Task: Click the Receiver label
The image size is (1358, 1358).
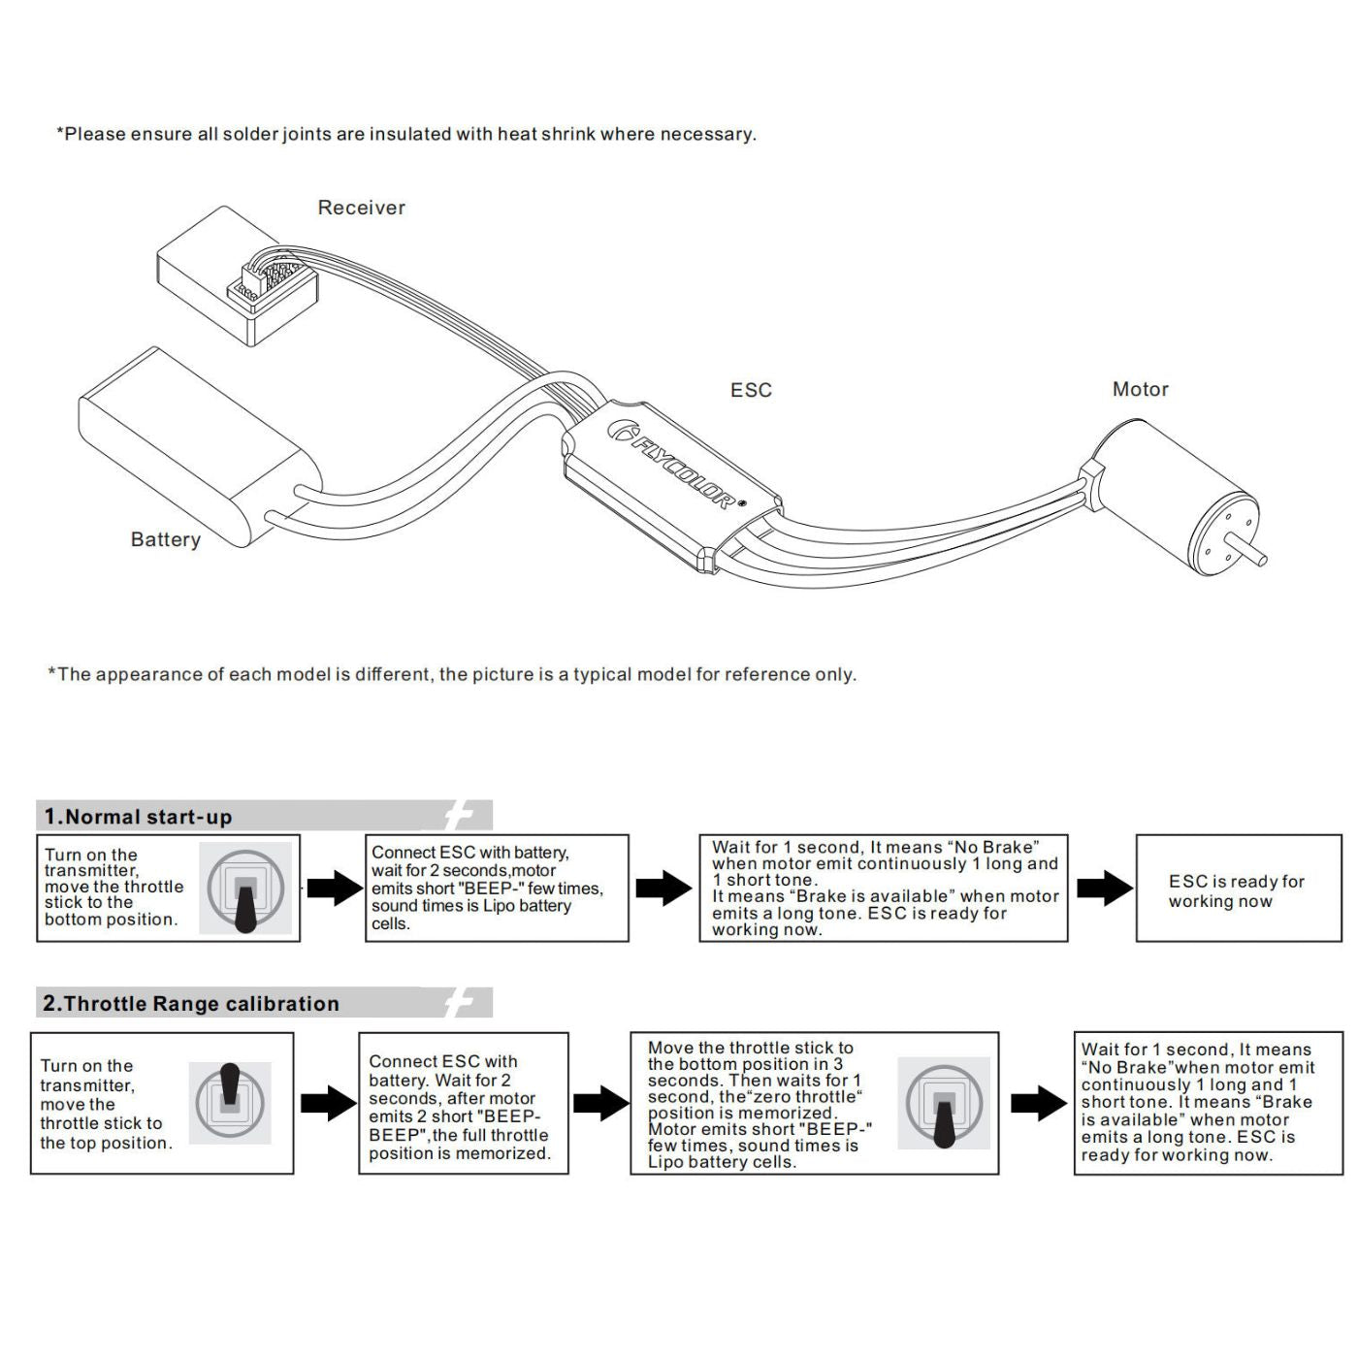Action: [x=361, y=208]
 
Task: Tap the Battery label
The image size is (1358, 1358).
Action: [x=166, y=539]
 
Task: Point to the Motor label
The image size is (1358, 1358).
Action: [x=1140, y=389]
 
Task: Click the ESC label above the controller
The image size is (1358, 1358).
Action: [x=751, y=390]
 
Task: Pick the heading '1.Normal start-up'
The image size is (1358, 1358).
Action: [x=139, y=817]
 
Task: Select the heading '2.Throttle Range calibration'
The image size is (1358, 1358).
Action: [x=191, y=1004]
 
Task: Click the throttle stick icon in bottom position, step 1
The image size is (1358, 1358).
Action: [x=245, y=889]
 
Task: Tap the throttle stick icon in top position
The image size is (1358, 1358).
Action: [x=230, y=1102]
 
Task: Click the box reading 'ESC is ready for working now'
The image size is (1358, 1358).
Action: [x=1239, y=889]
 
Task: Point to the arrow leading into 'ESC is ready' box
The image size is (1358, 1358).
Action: [x=1104, y=888]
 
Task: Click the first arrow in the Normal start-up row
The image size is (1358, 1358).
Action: [x=334, y=888]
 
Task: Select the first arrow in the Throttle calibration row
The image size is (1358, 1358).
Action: [x=328, y=1103]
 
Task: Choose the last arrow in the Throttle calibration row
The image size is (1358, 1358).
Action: [x=1038, y=1103]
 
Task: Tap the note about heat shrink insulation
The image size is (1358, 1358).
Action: [x=406, y=134]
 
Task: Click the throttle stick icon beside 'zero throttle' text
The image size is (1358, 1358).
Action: [x=944, y=1104]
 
